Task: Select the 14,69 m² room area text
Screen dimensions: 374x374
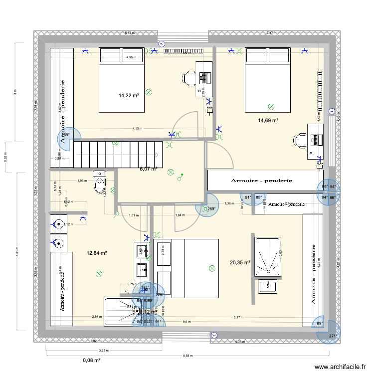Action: click(x=268, y=120)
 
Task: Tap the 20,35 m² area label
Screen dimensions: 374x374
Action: click(x=240, y=262)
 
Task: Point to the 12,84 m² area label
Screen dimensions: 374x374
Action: click(x=97, y=253)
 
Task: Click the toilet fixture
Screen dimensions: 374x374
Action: click(x=100, y=183)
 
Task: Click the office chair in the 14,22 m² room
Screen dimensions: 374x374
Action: click(x=189, y=77)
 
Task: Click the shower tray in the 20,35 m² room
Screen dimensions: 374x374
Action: click(x=271, y=256)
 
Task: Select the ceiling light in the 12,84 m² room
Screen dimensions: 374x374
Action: click(x=99, y=273)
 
